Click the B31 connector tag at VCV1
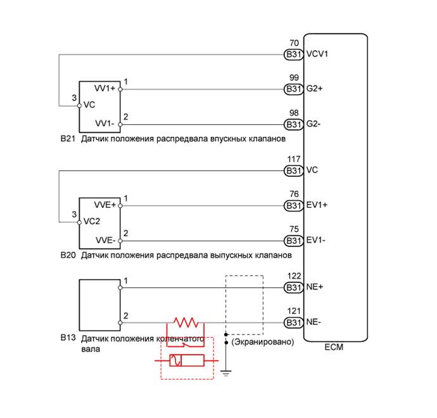click(x=293, y=54)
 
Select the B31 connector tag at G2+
click(x=293, y=89)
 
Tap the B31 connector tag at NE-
click(x=293, y=323)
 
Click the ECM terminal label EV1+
click(x=317, y=205)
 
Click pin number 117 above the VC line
click(x=293, y=159)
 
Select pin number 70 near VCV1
click(x=293, y=43)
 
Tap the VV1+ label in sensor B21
click(x=104, y=89)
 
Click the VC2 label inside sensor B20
click(x=92, y=222)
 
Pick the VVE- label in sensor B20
click(x=105, y=240)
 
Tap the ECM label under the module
click(x=334, y=348)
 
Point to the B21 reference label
click(x=68, y=138)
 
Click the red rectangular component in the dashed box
click(x=185, y=362)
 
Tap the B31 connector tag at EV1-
click(x=293, y=241)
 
